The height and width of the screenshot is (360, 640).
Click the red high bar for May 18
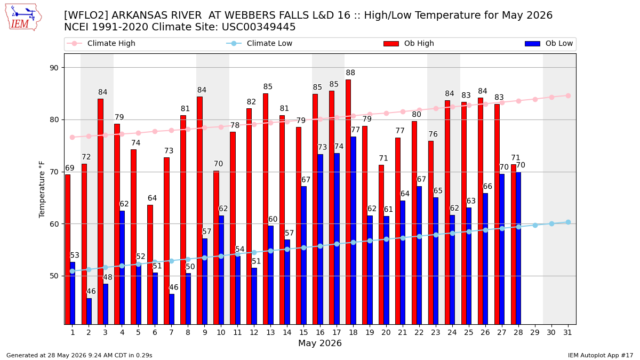(x=348, y=202)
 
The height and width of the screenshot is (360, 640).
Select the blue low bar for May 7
(x=172, y=309)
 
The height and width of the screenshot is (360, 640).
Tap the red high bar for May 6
(x=150, y=265)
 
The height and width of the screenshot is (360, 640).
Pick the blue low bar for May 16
(x=321, y=239)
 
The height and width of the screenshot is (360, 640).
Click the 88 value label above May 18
(x=350, y=73)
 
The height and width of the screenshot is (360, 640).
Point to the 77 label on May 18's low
(x=355, y=130)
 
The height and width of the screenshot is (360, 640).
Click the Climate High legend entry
(x=101, y=43)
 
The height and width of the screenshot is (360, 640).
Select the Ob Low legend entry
(x=549, y=43)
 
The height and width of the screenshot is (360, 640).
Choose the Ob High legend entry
(x=409, y=43)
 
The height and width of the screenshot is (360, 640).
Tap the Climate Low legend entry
(x=259, y=43)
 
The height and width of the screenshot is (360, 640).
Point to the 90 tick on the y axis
(x=54, y=68)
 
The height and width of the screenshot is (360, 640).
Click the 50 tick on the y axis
(x=54, y=276)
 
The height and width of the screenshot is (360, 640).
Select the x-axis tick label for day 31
(x=567, y=333)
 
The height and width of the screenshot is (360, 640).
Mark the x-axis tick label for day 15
(x=303, y=333)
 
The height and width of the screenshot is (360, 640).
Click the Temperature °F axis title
(x=42, y=189)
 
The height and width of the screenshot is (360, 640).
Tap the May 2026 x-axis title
(x=320, y=343)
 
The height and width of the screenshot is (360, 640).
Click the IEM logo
(x=23, y=18)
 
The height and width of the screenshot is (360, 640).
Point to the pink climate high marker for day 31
(x=568, y=96)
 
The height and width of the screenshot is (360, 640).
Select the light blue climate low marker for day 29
(x=535, y=226)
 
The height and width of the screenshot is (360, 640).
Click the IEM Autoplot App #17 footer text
(x=601, y=355)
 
